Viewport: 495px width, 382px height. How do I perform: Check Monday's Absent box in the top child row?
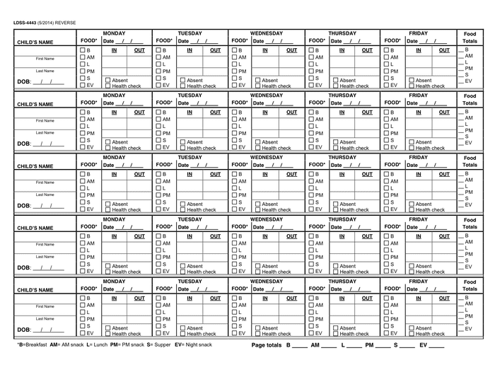pyautogui.click(x=107, y=80)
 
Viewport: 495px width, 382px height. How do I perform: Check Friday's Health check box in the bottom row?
pyautogui.click(x=412, y=334)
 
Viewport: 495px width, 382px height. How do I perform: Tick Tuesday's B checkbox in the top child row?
pyautogui.click(x=160, y=51)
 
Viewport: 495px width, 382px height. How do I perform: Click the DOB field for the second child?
pyautogui.click(x=47, y=144)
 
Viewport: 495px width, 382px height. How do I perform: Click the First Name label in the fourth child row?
pyautogui.click(x=45, y=244)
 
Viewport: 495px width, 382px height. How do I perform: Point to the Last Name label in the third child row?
pyautogui.click(x=45, y=195)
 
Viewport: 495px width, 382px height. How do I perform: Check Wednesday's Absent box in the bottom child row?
pyautogui.click(x=258, y=328)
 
